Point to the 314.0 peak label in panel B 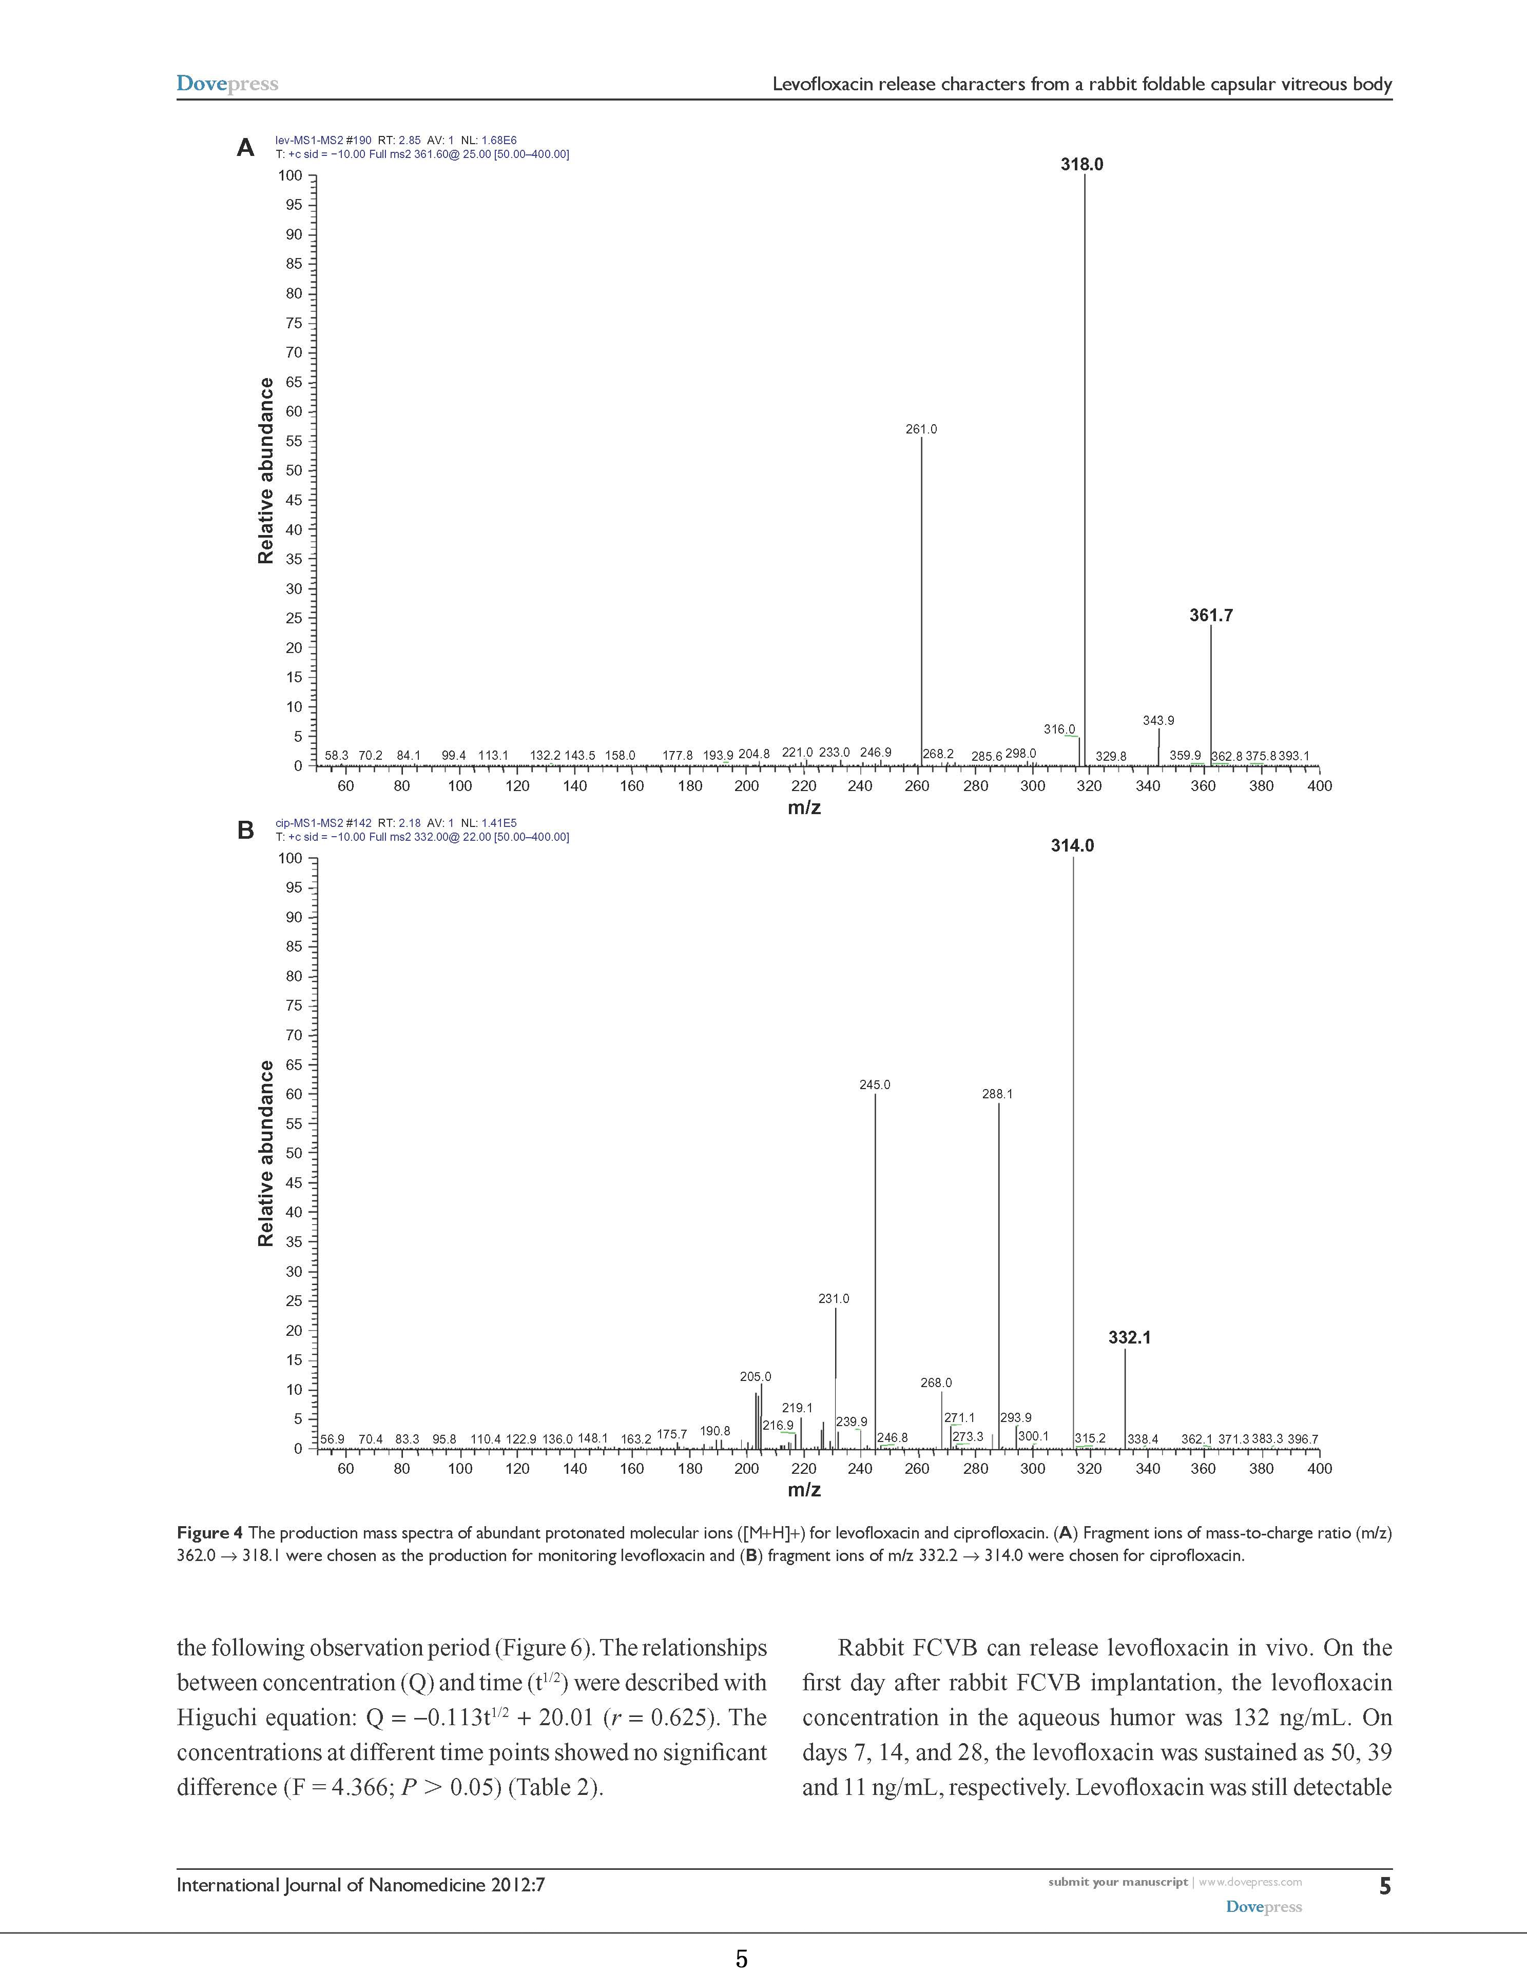pyautogui.click(x=1072, y=845)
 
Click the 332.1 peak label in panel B pyautogui.click(x=1129, y=1337)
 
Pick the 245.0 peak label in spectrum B pyautogui.click(x=875, y=1084)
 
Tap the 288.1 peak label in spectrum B pyautogui.click(x=998, y=1094)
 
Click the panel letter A pyautogui.click(x=245, y=147)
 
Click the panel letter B pyautogui.click(x=245, y=830)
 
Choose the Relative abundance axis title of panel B pyautogui.click(x=266, y=1153)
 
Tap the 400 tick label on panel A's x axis pyautogui.click(x=1319, y=786)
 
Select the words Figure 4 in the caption pyautogui.click(x=210, y=1533)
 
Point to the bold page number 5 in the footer pyautogui.click(x=1384, y=1886)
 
